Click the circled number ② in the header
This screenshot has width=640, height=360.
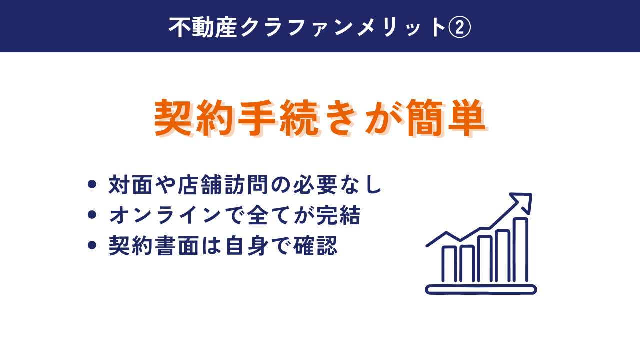click(459, 27)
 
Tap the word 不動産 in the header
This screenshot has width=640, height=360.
click(203, 27)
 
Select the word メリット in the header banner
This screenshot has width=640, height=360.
click(401, 27)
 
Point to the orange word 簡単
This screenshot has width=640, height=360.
click(445, 117)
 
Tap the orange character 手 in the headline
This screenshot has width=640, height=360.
click(257, 117)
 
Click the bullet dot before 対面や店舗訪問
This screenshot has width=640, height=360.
click(92, 184)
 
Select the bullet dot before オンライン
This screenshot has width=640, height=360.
click(92, 215)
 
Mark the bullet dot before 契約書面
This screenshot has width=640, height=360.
click(92, 245)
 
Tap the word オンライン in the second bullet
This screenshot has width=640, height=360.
click(165, 215)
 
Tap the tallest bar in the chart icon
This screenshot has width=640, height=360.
click(521, 250)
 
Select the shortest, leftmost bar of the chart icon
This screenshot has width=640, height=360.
click(449, 264)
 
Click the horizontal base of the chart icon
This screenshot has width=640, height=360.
click(481, 289)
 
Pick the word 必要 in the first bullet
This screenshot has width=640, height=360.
click(315, 185)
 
